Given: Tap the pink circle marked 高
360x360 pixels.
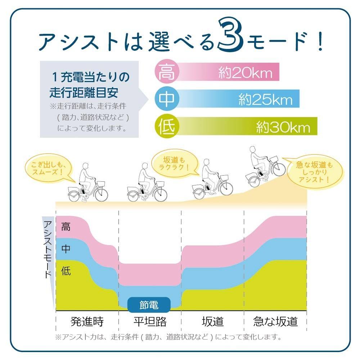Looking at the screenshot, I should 167,72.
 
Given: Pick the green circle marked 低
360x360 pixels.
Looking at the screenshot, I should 167,126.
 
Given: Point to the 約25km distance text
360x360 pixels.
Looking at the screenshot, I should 264,99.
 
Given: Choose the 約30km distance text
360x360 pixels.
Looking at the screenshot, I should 283,127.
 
